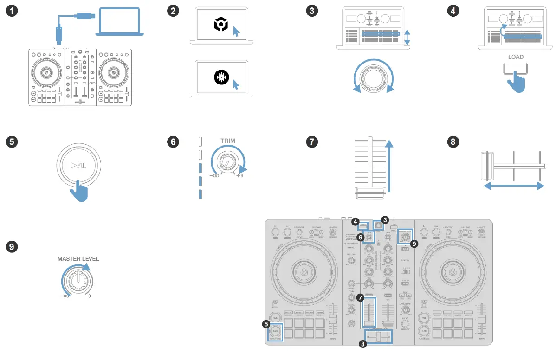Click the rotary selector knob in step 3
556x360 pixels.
pyautogui.click(x=374, y=77)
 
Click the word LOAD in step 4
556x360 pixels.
pyautogui.click(x=516, y=57)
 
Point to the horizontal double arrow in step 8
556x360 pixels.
pyautogui.click(x=513, y=186)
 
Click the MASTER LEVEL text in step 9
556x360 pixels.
pyautogui.click(x=78, y=259)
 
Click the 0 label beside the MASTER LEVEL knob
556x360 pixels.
pyautogui.click(x=89, y=296)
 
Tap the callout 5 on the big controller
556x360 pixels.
pyautogui.click(x=266, y=324)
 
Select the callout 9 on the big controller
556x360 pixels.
pyautogui.click(x=414, y=243)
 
